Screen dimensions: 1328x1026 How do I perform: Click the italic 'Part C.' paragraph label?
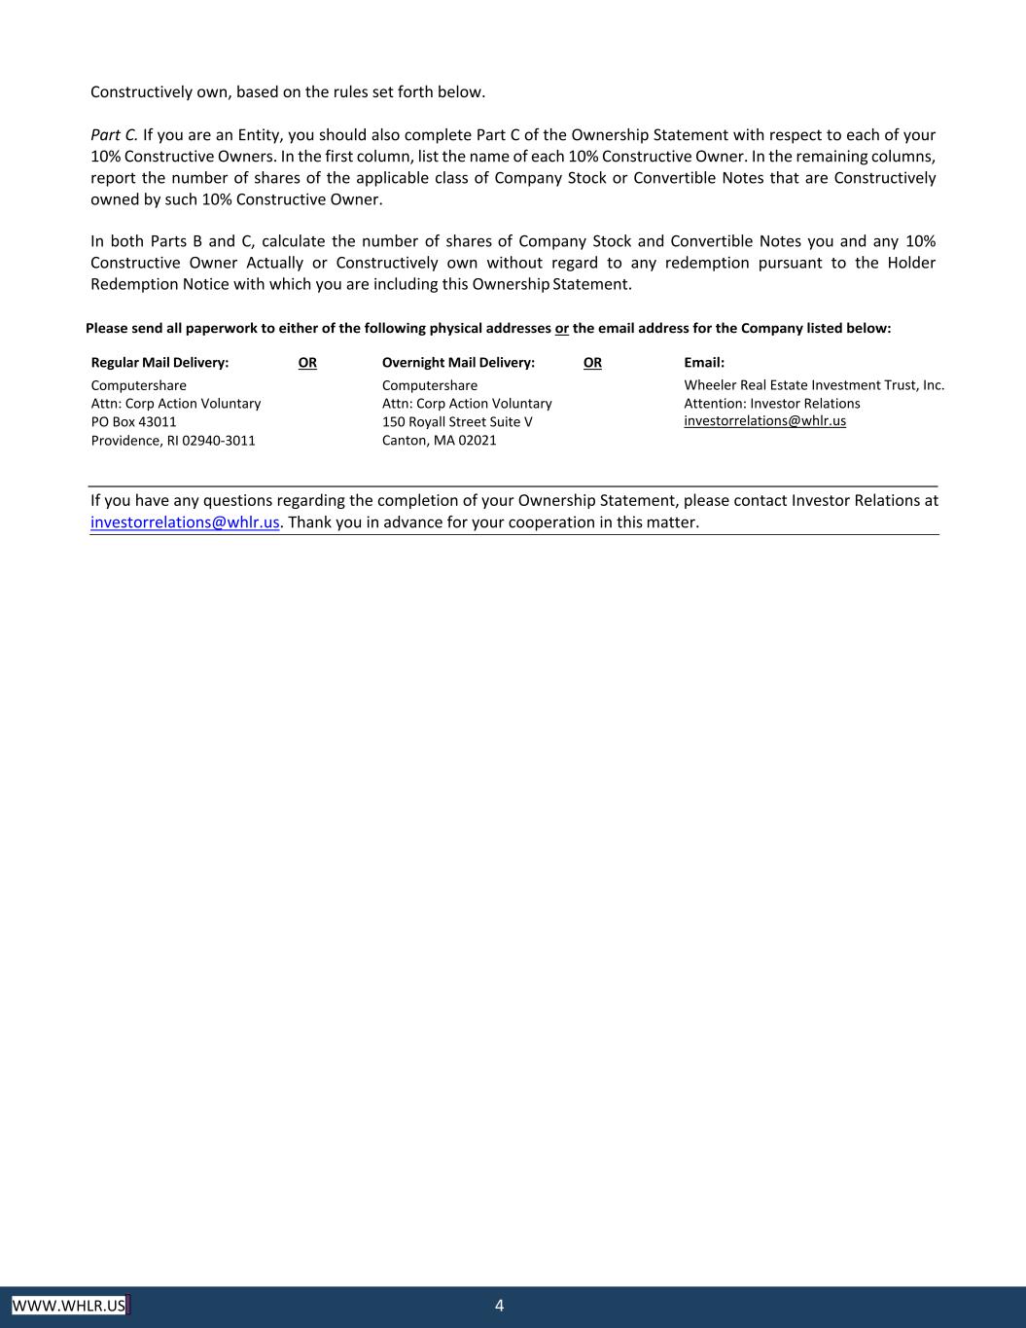point(114,135)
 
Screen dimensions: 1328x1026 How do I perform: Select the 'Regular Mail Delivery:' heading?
point(159,363)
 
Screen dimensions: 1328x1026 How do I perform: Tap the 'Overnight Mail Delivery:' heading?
point(458,363)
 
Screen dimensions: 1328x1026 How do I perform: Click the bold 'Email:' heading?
point(704,363)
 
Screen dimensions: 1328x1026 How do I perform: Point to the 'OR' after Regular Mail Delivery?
point(307,363)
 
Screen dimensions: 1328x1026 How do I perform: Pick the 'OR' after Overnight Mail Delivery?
point(592,363)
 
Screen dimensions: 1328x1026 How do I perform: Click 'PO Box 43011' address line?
point(133,422)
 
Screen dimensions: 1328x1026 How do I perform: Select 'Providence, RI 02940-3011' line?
point(173,441)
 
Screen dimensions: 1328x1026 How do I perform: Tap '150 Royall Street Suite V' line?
point(457,422)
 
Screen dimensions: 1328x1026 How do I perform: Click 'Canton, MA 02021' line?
point(439,441)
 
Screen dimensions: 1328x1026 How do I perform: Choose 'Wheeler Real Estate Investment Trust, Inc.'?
point(814,385)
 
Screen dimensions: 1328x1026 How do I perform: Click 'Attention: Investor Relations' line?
point(771,404)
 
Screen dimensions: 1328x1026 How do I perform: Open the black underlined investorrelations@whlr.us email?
point(764,421)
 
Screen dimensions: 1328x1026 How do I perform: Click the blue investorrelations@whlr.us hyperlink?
point(185,522)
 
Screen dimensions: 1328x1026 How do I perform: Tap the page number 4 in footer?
point(500,1306)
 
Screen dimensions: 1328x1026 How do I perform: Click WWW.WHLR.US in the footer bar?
point(69,1306)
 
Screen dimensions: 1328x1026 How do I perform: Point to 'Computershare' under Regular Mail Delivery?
point(138,386)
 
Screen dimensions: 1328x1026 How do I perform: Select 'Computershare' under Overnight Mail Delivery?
point(429,386)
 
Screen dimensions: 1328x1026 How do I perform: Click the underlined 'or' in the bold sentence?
point(562,329)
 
